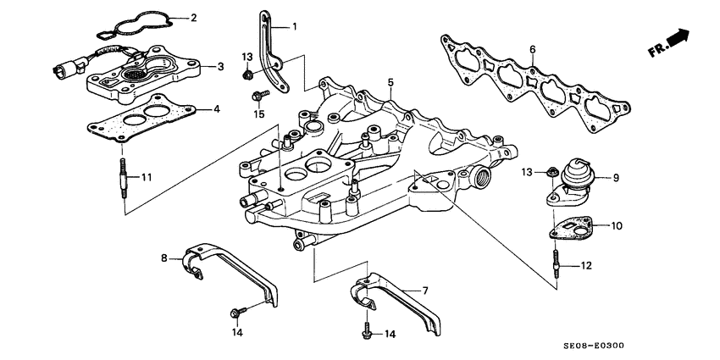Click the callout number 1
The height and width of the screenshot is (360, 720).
pos(295,27)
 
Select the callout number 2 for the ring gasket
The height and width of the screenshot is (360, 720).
pos(194,17)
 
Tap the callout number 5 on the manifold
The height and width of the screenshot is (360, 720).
pos(390,83)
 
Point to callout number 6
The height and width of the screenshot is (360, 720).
pos(532,51)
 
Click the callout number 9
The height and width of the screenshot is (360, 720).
pos(616,177)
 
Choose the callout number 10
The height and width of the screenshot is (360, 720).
pos(617,225)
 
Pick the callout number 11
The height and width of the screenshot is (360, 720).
pos(147,177)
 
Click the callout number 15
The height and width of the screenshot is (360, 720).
pos(260,114)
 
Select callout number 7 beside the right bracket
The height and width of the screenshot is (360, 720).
pos(425,291)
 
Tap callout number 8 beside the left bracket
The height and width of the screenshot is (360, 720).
pos(164,257)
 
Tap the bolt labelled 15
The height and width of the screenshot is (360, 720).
pos(261,91)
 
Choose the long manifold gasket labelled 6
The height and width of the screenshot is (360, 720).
pos(534,80)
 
